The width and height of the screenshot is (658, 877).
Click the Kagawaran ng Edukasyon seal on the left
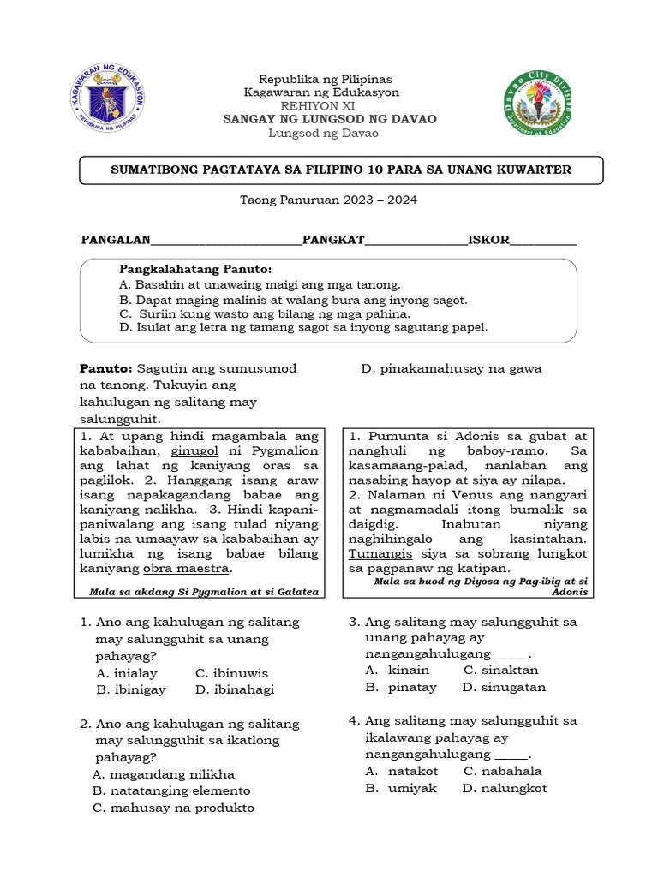click(108, 101)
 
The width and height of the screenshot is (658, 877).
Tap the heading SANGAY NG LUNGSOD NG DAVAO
click(330, 119)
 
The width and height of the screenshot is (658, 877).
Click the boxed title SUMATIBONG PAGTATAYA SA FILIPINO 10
click(341, 170)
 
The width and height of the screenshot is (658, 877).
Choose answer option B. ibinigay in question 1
click(131, 689)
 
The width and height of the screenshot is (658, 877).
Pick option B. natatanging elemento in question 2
click(171, 790)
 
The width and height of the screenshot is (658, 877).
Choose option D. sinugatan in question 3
click(504, 687)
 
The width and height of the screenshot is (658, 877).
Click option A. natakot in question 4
click(395, 771)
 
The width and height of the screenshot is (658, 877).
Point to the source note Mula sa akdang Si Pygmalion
click(204, 592)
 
